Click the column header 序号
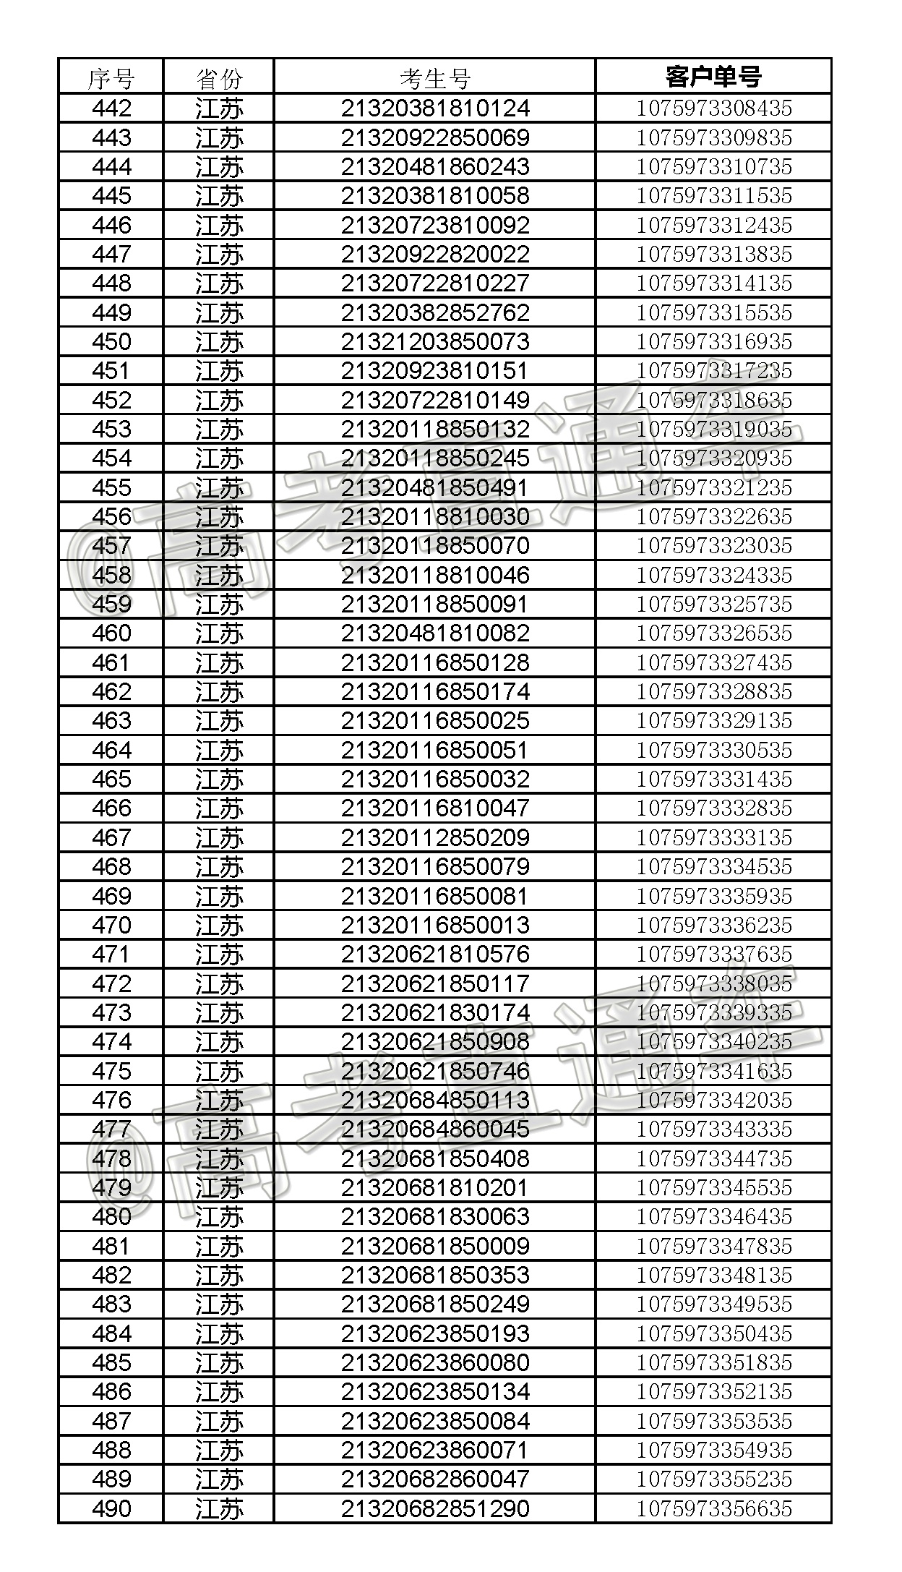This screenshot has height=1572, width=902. click(111, 78)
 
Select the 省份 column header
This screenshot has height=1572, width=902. click(219, 78)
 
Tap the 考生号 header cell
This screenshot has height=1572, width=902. click(435, 78)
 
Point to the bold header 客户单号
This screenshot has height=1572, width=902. click(713, 77)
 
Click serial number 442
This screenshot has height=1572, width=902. click(111, 108)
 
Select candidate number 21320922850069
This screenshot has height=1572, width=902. click(435, 138)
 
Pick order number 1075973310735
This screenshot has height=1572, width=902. click(713, 167)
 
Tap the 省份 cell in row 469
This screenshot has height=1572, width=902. click(219, 896)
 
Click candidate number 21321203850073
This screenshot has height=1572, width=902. click(435, 341)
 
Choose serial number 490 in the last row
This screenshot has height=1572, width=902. click(111, 1508)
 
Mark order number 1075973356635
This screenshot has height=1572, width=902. click(713, 1508)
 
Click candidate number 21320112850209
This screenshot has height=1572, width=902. click(435, 837)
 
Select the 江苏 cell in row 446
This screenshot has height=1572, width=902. click(219, 226)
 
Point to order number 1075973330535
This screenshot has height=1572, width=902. click(713, 750)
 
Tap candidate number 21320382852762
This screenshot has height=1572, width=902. click(435, 312)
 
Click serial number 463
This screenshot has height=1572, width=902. click(111, 721)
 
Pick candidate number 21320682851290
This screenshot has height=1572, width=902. click(435, 1508)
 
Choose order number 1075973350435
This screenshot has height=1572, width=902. click(713, 1333)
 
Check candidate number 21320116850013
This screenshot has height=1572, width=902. click(435, 925)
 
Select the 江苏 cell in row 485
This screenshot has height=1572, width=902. click(219, 1362)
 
